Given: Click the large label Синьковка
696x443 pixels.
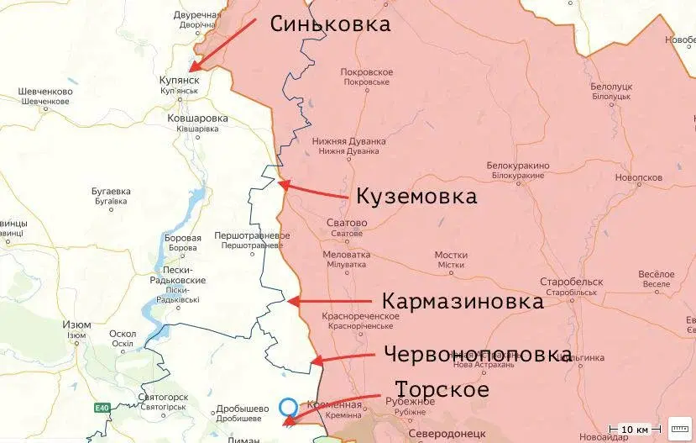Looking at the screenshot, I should pos(330,24).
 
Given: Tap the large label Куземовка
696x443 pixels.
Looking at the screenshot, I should pos(416,197).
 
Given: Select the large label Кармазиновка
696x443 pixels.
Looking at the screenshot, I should pos(463,301).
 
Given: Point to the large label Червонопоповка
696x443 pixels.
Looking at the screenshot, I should pos(478,354).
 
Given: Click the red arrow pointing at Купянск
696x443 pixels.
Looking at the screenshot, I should pos(223,45).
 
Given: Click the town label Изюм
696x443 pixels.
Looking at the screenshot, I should pos(77,324).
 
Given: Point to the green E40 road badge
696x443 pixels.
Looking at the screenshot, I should pos(102,409).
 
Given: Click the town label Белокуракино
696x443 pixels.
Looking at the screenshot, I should pos(518,166).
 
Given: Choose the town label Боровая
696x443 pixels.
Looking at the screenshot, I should pos(184,239).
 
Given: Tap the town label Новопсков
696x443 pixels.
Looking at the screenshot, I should pos(638,178).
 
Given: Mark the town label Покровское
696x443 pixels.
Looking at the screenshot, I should pos(367,72).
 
